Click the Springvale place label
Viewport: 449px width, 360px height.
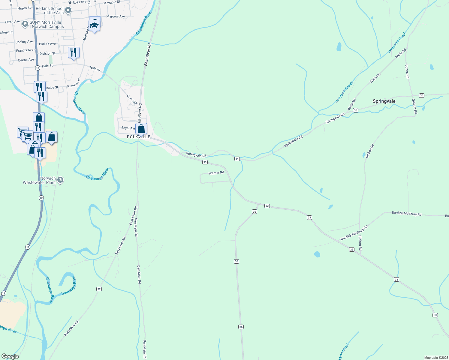[384, 101]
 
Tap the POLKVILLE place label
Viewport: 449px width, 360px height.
[138, 137]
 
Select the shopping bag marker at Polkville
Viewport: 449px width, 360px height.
[141, 129]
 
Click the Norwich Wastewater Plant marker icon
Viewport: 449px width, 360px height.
[60, 180]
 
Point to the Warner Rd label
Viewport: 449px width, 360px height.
[216, 173]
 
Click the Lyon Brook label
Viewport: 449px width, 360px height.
[344, 351]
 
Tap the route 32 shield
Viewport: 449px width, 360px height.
[99, 289]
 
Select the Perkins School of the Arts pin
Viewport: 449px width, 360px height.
[68, 10]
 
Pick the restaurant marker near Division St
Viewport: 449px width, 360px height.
[74, 52]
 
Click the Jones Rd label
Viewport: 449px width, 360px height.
[407, 72]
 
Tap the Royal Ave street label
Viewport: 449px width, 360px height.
[128, 128]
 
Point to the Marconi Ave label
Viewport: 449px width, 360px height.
[116, 16]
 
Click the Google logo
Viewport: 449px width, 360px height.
[10, 356]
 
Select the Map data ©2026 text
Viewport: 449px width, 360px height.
[436, 358]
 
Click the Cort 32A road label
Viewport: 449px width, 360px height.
[132, 100]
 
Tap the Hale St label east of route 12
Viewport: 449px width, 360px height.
[47, 66]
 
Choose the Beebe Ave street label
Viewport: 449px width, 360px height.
[26, 60]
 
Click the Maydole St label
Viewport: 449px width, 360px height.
[112, 2]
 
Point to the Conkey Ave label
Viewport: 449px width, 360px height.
[24, 42]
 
